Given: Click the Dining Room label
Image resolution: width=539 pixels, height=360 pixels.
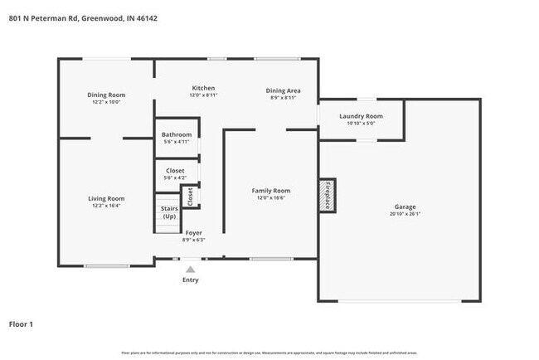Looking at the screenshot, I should pyautogui.click(x=105, y=95).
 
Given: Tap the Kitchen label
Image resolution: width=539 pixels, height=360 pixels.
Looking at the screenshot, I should pyautogui.click(x=203, y=88).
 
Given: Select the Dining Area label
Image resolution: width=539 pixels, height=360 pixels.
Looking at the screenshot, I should pyautogui.click(x=283, y=90).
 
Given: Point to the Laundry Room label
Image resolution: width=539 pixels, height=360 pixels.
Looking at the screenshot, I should pyautogui.click(x=362, y=116).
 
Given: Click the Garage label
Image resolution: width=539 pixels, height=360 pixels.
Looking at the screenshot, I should pyautogui.click(x=405, y=207).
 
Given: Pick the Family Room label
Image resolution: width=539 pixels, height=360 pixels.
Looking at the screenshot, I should pyautogui.click(x=271, y=191).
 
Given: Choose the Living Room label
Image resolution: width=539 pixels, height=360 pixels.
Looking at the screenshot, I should pyautogui.click(x=107, y=198).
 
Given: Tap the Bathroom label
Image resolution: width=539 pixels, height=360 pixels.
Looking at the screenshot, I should pyautogui.click(x=177, y=134).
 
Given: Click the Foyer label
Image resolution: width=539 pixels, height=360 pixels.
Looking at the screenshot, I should pyautogui.click(x=193, y=233).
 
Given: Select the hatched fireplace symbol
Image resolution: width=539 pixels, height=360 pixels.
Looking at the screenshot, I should pyautogui.click(x=328, y=195).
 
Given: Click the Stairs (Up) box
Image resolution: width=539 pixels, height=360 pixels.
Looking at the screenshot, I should pyautogui.click(x=168, y=212).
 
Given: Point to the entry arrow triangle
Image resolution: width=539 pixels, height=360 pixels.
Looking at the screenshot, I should pyautogui.click(x=191, y=269).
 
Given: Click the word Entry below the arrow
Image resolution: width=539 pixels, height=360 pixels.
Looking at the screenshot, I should pyautogui.click(x=191, y=280).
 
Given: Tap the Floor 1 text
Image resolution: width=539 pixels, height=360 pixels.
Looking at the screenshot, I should pyautogui.click(x=22, y=324).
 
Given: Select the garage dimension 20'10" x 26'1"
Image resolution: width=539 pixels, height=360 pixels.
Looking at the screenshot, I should pyautogui.click(x=405, y=214).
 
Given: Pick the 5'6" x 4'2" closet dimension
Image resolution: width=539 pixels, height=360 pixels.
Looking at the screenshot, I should pyautogui.click(x=175, y=178).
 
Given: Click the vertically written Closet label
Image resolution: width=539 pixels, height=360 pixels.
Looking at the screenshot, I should pyautogui.click(x=190, y=197).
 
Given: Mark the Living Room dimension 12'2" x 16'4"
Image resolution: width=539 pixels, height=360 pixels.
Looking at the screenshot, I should pyautogui.click(x=107, y=206).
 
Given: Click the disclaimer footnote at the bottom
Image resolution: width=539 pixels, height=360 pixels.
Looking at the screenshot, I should pyautogui.click(x=269, y=353).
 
